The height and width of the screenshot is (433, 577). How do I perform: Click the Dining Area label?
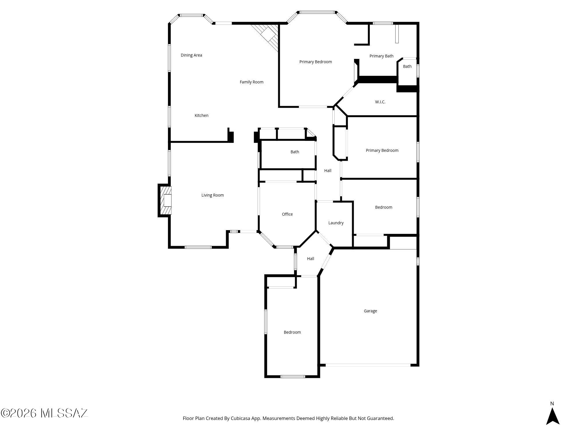(x=191, y=55)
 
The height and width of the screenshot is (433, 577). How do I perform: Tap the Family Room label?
(x=251, y=82)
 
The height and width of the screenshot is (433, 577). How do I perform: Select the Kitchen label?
(x=201, y=115)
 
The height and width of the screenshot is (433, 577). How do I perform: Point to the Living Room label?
(x=212, y=195)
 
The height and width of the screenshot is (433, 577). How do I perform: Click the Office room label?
(x=287, y=214)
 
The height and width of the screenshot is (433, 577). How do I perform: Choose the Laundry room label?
(x=336, y=223)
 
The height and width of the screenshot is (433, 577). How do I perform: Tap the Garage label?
(x=370, y=311)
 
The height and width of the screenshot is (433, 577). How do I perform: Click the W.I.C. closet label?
(x=380, y=102)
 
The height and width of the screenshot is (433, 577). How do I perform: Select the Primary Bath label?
(x=381, y=56)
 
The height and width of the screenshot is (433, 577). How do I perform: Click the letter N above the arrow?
(x=552, y=404)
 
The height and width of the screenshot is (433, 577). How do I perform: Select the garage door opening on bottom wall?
(x=368, y=365)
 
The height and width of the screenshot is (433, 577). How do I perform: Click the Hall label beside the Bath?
(x=327, y=171)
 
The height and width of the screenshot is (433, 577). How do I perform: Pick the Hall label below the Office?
(x=310, y=259)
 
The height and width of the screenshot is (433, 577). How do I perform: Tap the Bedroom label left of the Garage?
(x=292, y=332)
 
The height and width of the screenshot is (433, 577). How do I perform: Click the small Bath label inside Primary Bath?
(x=407, y=66)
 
